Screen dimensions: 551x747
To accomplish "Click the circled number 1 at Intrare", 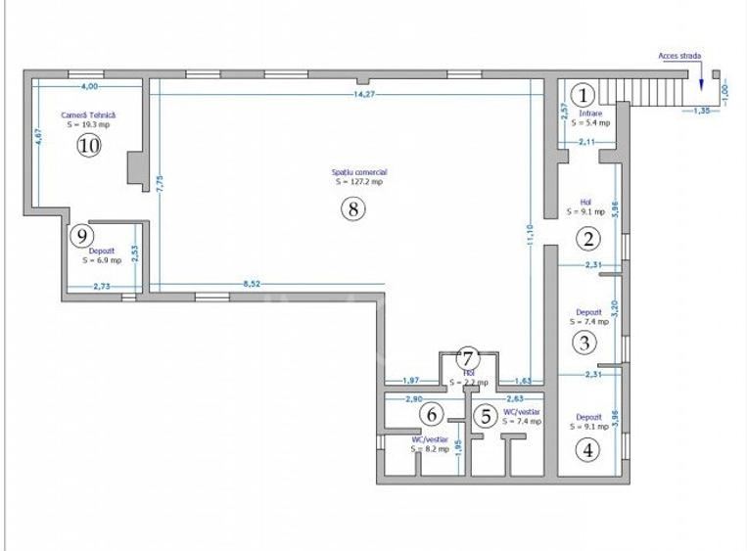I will (x=583, y=95).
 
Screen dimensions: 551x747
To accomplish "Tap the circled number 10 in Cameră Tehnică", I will (x=89, y=146).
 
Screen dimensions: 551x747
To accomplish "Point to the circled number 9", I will (x=82, y=235).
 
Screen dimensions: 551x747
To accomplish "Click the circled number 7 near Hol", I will (x=468, y=358).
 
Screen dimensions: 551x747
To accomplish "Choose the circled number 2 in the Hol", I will (x=587, y=238).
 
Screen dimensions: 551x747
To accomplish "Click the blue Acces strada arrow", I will (x=702, y=84).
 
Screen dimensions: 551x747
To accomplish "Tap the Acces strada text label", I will (x=678, y=57).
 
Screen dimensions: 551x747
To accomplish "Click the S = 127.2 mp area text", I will (x=358, y=182).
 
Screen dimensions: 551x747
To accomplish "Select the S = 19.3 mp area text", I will (x=89, y=125).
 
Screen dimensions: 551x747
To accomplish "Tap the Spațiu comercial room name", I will (x=358, y=172).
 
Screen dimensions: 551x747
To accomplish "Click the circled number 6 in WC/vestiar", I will (x=431, y=415).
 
